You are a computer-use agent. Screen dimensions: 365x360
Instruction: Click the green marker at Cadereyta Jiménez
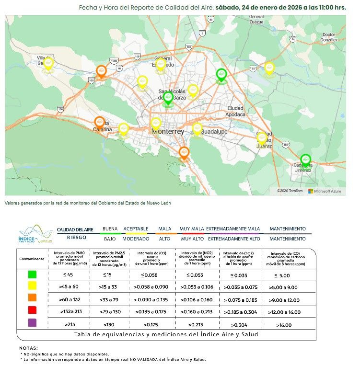tap(305, 160)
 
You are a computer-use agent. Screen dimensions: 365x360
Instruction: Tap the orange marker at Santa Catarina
tap(99, 122)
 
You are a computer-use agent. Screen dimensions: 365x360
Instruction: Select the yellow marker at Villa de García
tap(48, 63)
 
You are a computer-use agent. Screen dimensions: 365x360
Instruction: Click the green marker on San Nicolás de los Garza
tap(168, 98)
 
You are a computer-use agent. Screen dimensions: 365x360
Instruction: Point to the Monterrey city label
tap(167, 131)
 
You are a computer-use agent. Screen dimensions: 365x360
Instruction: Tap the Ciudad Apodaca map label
tap(236, 111)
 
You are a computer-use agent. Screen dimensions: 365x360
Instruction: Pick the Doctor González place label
tap(329, 37)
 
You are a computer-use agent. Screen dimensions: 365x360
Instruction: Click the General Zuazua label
tap(256, 19)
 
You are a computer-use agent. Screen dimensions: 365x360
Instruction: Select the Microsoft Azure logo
tap(325, 191)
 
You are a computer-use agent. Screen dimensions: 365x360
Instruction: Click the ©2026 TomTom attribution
tap(290, 191)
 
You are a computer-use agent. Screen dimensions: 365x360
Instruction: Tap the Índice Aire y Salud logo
tap(35, 234)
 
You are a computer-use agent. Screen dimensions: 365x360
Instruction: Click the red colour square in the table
tap(33, 310)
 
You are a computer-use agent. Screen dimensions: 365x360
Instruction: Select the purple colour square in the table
tap(33, 323)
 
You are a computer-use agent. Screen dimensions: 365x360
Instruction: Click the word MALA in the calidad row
tap(164, 229)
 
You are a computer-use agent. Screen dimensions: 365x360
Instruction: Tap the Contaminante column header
tap(32, 259)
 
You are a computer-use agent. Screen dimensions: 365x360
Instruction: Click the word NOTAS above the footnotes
tap(28, 348)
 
